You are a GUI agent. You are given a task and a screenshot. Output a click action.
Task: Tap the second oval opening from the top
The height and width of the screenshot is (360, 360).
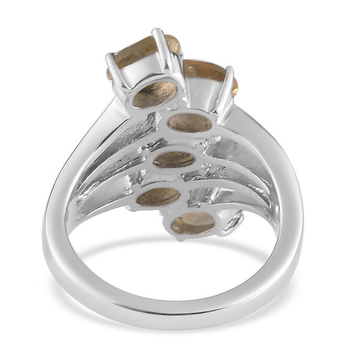[x=190, y=123]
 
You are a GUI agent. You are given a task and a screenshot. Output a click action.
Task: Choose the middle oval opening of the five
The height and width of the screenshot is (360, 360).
[x=173, y=160]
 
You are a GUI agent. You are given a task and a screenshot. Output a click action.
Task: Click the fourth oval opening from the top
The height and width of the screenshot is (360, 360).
[x=158, y=196]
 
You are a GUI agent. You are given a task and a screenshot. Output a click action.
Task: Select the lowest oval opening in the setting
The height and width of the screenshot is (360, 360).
[x=193, y=223]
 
